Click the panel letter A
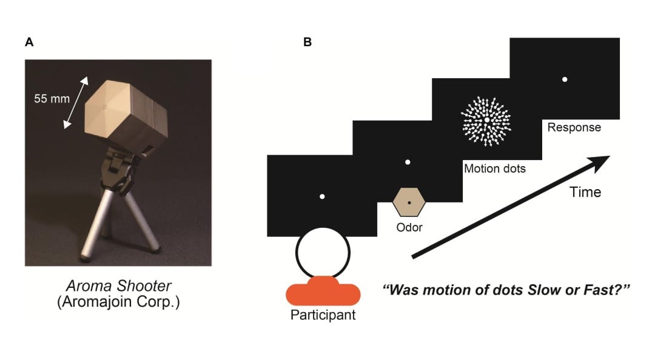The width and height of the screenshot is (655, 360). click(29, 42)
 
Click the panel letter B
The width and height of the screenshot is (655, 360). click(307, 42)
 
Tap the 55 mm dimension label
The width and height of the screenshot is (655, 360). click(52, 99)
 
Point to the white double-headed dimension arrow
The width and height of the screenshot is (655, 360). click(76, 102)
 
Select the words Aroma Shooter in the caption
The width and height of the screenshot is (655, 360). click(119, 286)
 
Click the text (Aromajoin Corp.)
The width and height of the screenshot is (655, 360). click(119, 302)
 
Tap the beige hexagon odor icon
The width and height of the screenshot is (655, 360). click(409, 202)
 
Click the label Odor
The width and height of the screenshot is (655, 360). click(409, 228)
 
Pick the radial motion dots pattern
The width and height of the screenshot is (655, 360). click(486, 120)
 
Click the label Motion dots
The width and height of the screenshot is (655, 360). click(495, 168)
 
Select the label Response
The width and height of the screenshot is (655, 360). click(574, 128)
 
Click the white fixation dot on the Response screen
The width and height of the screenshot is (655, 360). click(565, 79)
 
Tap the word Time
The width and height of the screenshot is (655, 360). click(585, 192)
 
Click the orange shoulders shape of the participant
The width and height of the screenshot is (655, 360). click(323, 292)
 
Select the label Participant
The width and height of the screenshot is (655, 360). click(323, 315)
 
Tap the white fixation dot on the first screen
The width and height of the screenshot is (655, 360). click(322, 196)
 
